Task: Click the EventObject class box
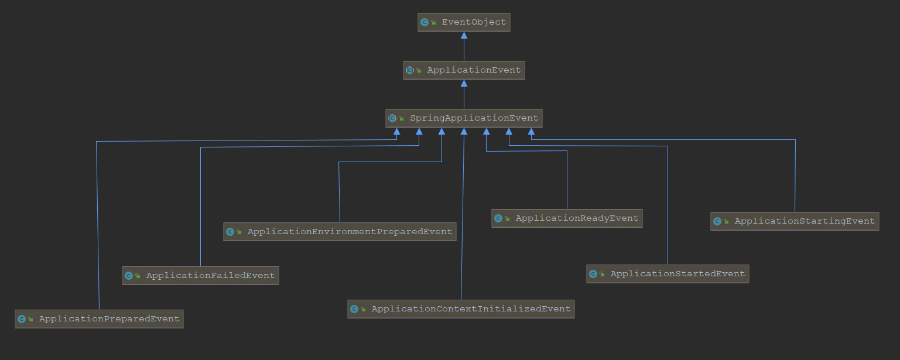tap(464, 22)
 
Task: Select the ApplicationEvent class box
tap(464, 70)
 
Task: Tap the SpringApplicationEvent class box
tap(464, 118)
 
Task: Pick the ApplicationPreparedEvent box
tap(99, 319)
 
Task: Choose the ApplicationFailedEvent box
tap(200, 276)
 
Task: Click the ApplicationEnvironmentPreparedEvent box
tap(340, 232)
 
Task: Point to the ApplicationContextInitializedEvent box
tap(461, 309)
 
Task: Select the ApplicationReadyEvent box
tap(567, 218)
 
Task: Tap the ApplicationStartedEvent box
tap(668, 274)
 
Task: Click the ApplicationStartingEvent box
tap(795, 221)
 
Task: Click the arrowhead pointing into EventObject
tap(464, 36)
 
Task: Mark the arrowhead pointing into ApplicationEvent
tap(464, 84)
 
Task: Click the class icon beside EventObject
tap(425, 22)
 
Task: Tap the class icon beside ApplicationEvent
tap(410, 70)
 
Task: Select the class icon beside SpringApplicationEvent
tap(392, 118)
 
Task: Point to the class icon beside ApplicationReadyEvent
tap(498, 218)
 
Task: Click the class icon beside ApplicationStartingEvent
tap(717, 221)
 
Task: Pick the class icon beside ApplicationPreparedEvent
tap(22, 319)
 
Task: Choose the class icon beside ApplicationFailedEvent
tap(129, 276)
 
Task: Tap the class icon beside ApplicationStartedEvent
tap(593, 274)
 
